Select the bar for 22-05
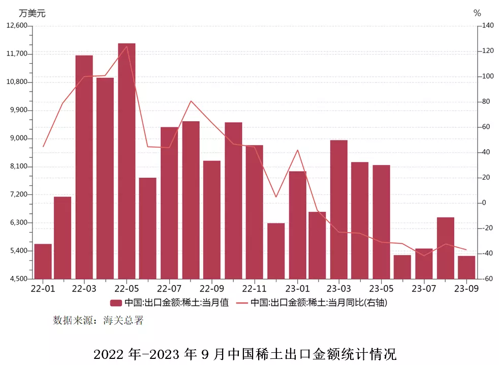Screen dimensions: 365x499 [127, 161]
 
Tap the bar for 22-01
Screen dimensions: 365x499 [43, 261]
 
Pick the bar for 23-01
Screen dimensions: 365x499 [298, 225]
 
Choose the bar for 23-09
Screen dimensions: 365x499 [466, 267]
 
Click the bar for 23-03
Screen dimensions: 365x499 [339, 209]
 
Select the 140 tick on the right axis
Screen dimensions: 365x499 [487, 26]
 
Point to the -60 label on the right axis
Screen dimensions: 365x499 [487, 279]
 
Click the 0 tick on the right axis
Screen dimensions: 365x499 [484, 203]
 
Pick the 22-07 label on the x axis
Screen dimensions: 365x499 [170, 289]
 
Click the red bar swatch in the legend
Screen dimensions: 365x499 [116, 303]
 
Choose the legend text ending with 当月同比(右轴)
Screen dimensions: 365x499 [319, 303]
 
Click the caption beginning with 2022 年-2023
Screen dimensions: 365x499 [245, 354]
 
